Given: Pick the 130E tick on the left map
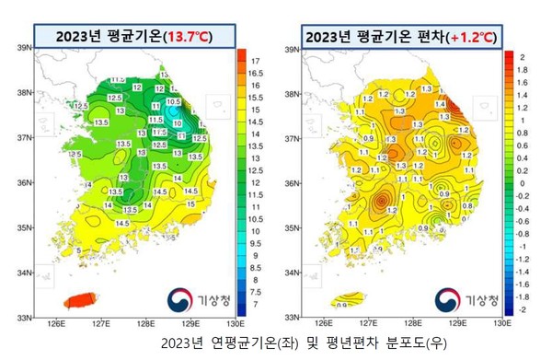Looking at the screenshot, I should tap(235, 324).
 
